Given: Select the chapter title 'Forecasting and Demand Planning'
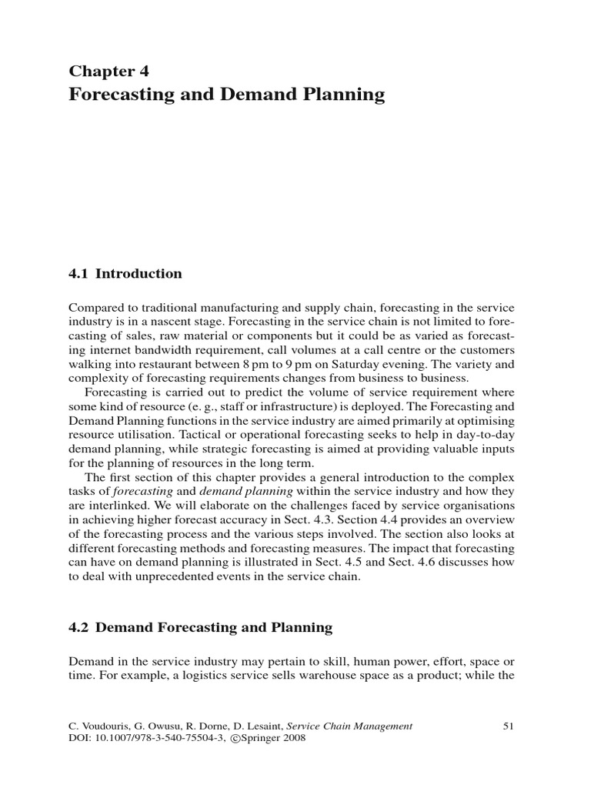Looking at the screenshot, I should [226, 95].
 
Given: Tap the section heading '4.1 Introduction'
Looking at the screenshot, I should [125, 273].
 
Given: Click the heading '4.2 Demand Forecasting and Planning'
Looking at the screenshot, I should [201, 627].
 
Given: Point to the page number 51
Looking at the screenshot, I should [508, 725].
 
